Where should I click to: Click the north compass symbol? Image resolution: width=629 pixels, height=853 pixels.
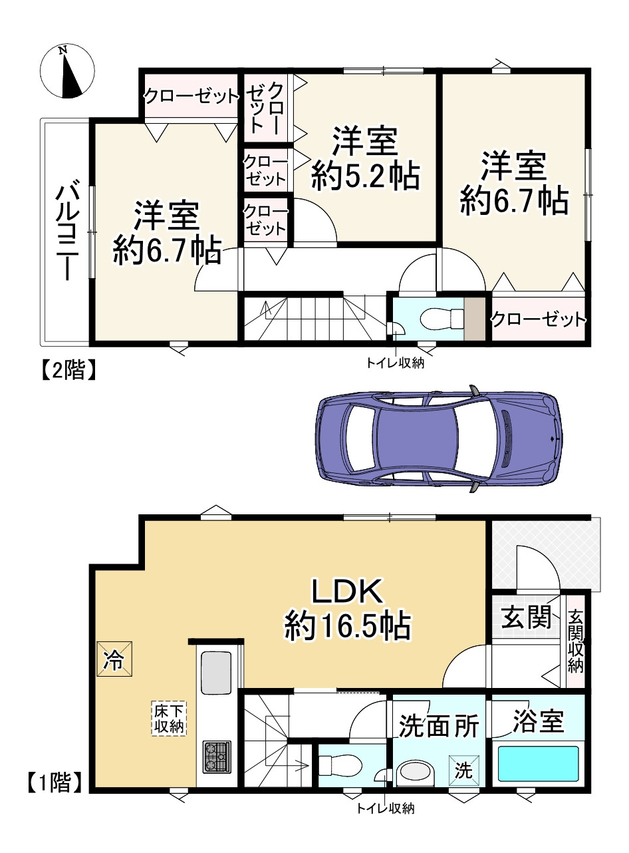point(67,71)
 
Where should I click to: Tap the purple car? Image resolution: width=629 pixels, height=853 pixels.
point(438,438)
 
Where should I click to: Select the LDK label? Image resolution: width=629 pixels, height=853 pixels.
point(347,591)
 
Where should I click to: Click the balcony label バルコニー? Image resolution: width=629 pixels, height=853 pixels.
point(67,233)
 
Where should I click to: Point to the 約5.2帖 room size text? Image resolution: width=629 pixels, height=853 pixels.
point(365,176)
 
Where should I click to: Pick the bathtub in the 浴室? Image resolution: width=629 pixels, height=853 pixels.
point(539,763)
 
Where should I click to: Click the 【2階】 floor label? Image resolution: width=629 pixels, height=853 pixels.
point(68,369)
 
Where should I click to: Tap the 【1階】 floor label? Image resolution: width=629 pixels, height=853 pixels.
point(55,782)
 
